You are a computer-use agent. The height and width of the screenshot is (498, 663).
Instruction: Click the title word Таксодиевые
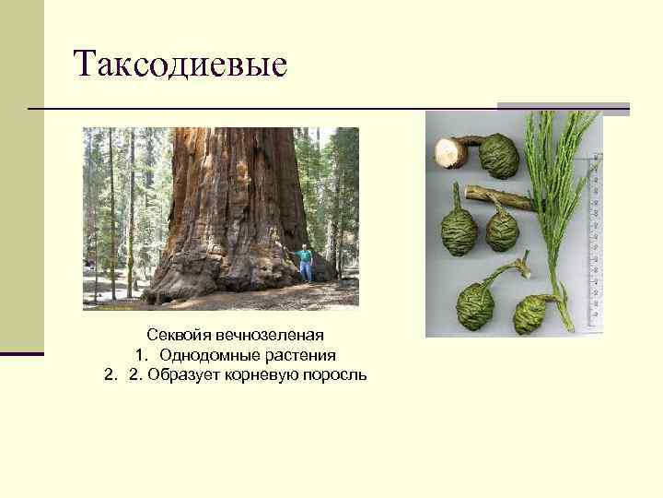click(x=180, y=64)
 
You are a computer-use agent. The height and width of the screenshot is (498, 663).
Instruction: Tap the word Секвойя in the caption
click(x=174, y=334)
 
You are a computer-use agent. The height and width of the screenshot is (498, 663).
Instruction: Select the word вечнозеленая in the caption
click(x=263, y=334)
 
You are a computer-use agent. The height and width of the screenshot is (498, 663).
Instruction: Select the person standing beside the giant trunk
click(x=304, y=263)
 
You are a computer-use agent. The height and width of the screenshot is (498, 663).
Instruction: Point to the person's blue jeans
click(x=305, y=271)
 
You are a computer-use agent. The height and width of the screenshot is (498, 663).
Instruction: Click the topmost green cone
click(x=499, y=155)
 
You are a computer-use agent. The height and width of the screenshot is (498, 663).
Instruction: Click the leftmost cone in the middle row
click(x=459, y=231)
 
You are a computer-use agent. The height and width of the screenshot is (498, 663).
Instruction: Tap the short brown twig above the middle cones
click(x=497, y=196)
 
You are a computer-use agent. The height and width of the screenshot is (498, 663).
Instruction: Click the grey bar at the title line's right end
click(x=564, y=109)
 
